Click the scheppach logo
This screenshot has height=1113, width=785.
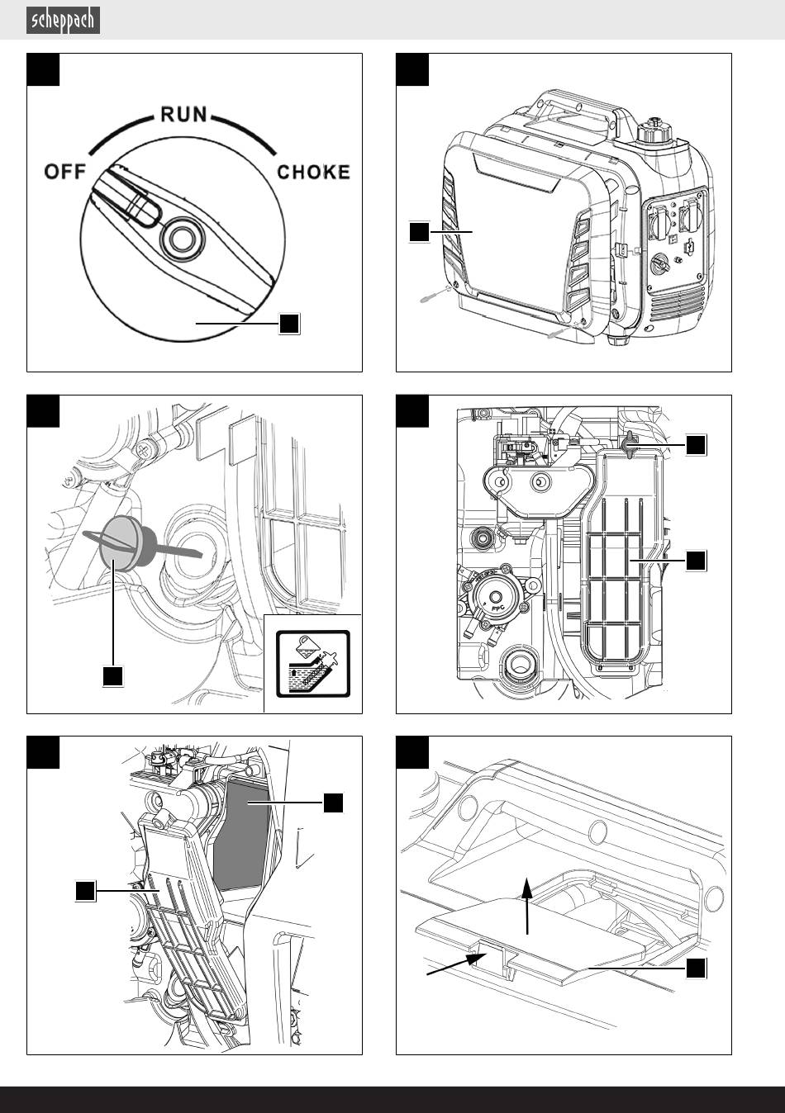[x=64, y=20]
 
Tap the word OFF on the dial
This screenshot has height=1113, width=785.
[x=65, y=173]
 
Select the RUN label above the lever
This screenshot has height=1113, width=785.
[x=183, y=114]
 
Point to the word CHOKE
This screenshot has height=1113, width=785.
[x=313, y=173]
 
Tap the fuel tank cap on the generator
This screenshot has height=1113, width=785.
[x=651, y=131]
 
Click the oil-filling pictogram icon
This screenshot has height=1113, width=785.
[x=313, y=664]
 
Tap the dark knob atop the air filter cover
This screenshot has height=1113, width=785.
[x=631, y=443]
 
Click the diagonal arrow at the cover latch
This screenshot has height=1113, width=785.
[x=454, y=966]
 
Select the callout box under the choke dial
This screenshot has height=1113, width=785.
[x=288, y=324]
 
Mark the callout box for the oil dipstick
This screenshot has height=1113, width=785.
[x=112, y=676]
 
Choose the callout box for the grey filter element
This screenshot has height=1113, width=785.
[x=333, y=803]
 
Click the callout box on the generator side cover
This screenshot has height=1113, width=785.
[x=420, y=232]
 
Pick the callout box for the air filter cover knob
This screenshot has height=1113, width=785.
[x=696, y=444]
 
